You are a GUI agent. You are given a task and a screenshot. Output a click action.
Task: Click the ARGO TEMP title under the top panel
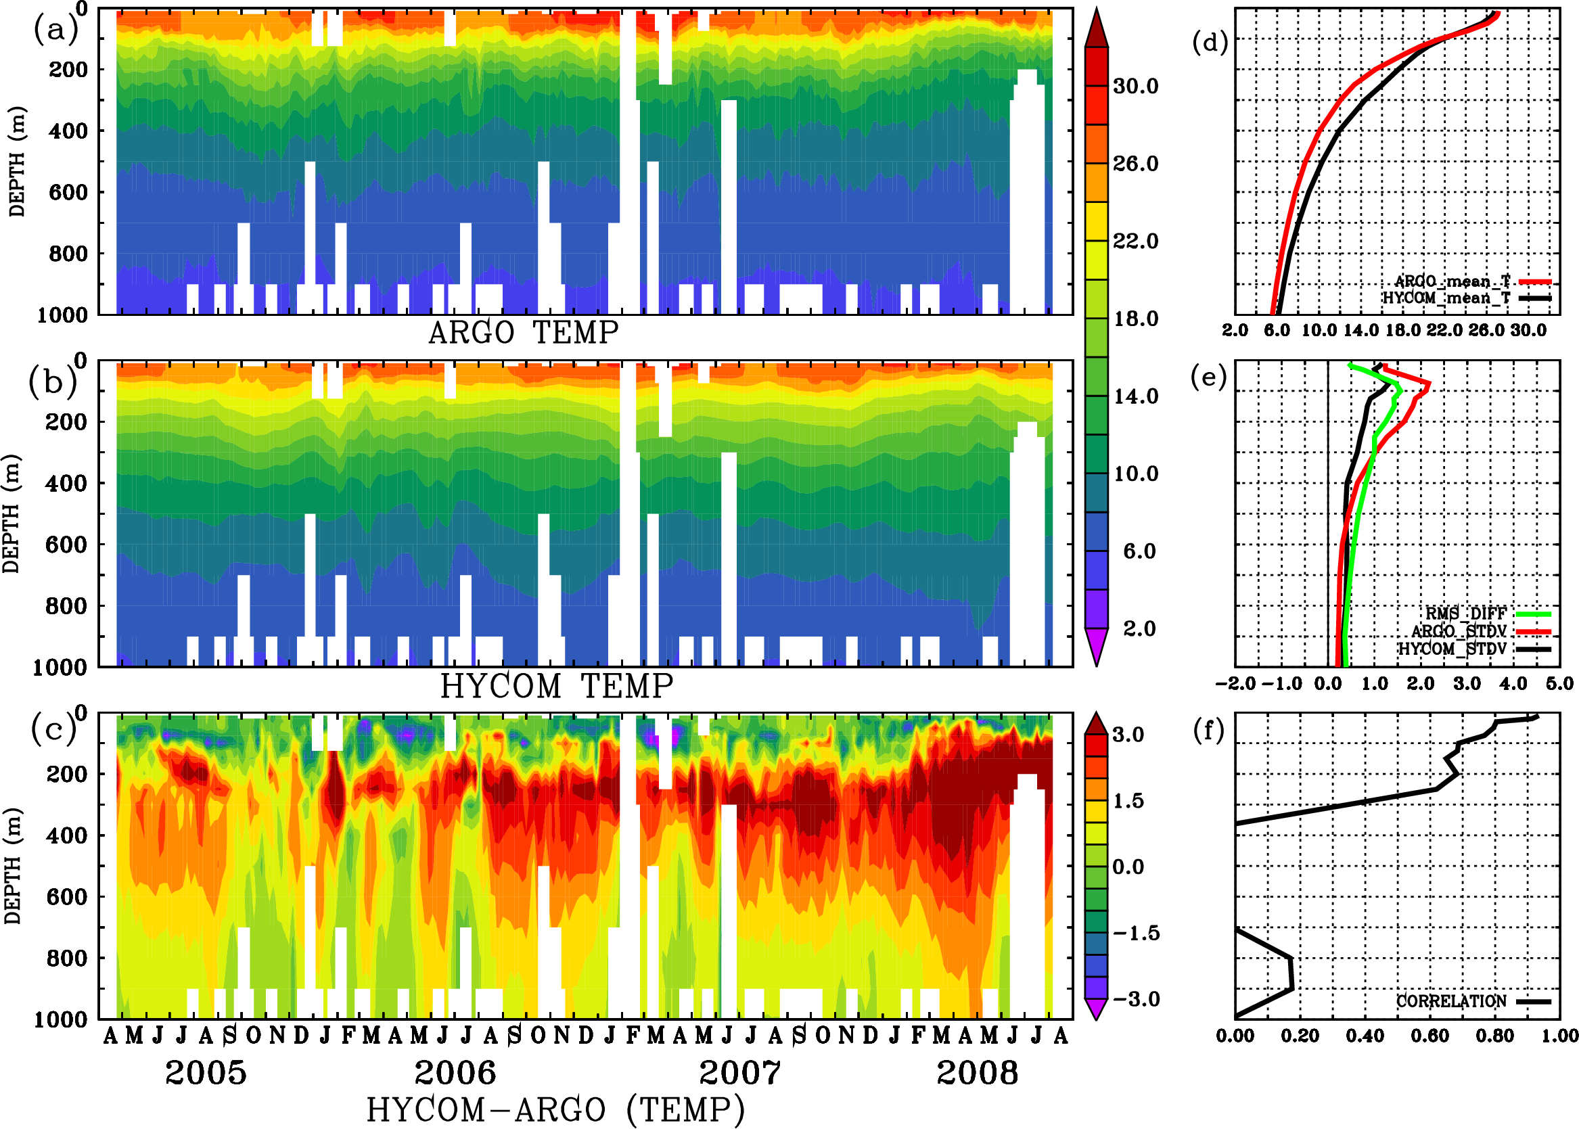tap(523, 333)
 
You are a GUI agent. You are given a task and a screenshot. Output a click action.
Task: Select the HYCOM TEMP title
tap(556, 686)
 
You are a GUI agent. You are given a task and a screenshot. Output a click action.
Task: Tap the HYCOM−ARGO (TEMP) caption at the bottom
tap(555, 1109)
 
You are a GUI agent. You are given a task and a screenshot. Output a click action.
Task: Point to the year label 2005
tap(206, 1073)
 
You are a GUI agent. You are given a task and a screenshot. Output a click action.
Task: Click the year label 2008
tap(977, 1073)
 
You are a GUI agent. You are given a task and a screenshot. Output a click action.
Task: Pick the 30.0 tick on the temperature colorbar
tap(1135, 86)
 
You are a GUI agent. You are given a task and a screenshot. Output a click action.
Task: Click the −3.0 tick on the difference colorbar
tap(1135, 999)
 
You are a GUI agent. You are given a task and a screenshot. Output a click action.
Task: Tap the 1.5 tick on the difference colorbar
tap(1128, 801)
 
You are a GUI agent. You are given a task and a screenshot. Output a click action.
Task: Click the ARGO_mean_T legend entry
tap(1452, 281)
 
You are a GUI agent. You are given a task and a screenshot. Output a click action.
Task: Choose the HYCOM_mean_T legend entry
tap(1446, 298)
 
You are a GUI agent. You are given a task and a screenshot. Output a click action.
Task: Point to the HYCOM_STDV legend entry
tap(1452, 649)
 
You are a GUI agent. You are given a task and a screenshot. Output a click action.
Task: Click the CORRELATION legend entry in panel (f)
tap(1452, 1001)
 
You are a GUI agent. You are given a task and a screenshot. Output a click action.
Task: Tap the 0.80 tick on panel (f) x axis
tap(1495, 1036)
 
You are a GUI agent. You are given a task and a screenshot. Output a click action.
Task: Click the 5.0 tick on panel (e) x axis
tap(1559, 683)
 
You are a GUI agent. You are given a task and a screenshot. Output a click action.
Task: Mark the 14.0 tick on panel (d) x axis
tap(1360, 330)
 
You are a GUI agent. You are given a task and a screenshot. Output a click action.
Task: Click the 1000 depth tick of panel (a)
tap(62, 315)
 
